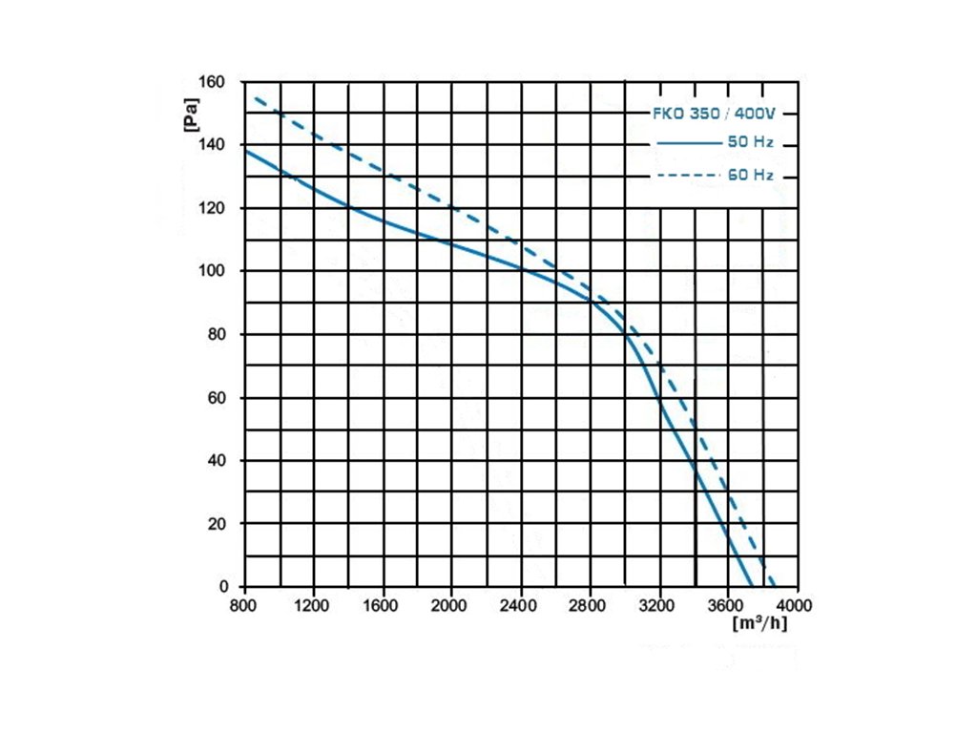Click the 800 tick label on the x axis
click(x=245, y=605)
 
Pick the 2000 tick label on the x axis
click(x=451, y=605)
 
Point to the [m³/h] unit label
click(x=759, y=624)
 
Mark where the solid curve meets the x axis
click(x=751, y=586)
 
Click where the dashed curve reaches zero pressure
click(x=774, y=586)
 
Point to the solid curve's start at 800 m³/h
click(x=246, y=150)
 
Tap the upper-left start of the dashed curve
click(x=256, y=97)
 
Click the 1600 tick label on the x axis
click(x=383, y=605)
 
